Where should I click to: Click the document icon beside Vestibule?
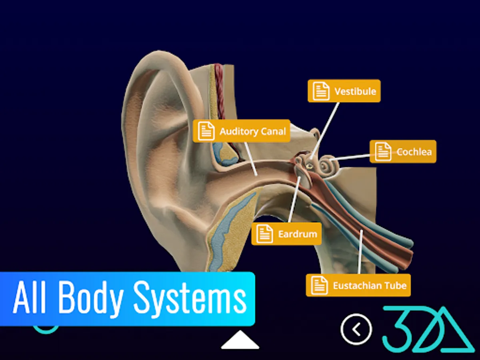click(x=321, y=91)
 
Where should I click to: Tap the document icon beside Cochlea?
click(x=383, y=152)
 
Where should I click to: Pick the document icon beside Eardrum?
click(x=264, y=234)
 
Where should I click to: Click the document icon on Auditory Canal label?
click(x=206, y=131)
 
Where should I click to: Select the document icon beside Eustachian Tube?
click(x=319, y=286)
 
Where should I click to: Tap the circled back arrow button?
click(x=356, y=329)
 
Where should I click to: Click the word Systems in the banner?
click(x=190, y=298)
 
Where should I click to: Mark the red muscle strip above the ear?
click(x=219, y=88)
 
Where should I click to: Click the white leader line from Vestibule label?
click(x=325, y=128)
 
